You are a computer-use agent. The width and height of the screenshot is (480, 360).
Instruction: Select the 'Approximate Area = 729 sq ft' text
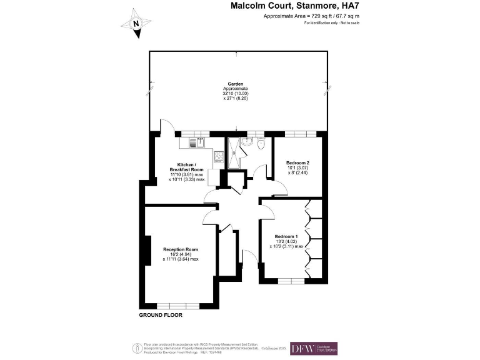298,16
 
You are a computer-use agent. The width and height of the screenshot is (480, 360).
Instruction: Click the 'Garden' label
235,83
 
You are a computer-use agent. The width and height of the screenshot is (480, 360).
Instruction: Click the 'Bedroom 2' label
297,163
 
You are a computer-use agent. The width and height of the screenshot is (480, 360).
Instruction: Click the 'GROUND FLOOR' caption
161,316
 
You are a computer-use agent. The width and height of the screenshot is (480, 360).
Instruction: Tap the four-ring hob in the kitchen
219,157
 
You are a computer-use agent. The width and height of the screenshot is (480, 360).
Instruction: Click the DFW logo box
314,349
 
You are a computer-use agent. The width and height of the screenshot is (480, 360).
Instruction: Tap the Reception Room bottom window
178,306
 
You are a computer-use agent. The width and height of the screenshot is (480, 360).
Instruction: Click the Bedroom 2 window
299,134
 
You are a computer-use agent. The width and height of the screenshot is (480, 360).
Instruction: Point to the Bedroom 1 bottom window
289,279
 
